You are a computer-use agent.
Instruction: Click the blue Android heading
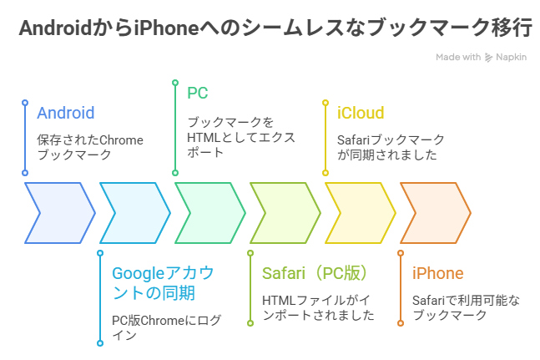pos(65,113)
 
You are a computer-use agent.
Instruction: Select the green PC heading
pos(197,93)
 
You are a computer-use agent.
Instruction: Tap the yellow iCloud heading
pos(361,113)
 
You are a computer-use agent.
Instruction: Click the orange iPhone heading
pos(437,273)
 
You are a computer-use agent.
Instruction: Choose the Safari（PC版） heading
pos(315,273)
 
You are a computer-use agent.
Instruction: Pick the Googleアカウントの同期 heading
pos(163,283)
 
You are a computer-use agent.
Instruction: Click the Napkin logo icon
pos(488,57)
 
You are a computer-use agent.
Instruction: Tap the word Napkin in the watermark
pos(511,57)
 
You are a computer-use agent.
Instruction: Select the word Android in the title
pos(55,28)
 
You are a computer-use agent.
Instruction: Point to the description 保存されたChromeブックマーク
pos(90,148)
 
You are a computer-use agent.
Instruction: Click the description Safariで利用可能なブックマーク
pos(466,308)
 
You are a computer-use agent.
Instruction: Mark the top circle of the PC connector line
pos(175,83)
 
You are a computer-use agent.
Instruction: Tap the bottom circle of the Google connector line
pos(100,343)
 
